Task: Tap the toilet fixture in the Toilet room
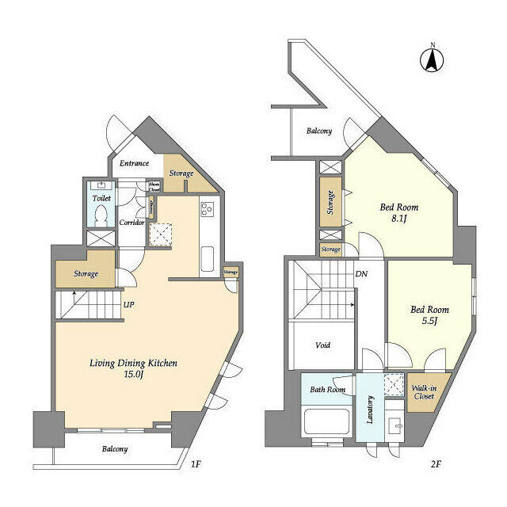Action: click(101, 214)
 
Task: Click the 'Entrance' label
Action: click(134, 164)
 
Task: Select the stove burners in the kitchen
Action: click(207, 209)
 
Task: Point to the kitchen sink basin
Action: click(207, 259)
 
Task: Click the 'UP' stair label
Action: click(128, 303)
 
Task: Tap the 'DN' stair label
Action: click(360, 274)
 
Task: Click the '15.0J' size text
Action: click(132, 376)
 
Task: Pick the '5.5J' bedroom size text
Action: click(429, 322)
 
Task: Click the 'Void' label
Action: click(322, 345)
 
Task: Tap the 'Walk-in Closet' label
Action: click(422, 391)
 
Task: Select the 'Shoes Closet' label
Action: click(154, 187)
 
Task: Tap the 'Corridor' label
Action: click(132, 223)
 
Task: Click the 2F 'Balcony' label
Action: click(318, 132)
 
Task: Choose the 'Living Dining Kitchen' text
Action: click(132, 363)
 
